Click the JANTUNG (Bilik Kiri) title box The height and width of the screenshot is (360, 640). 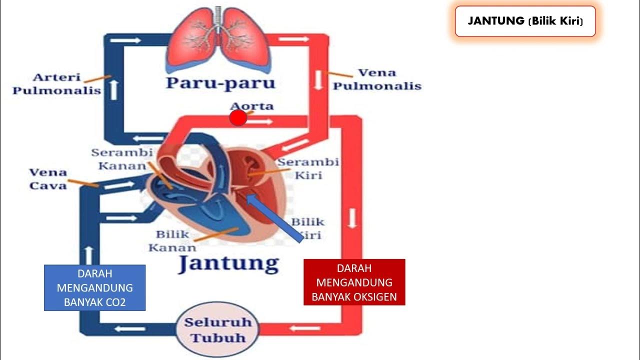tap(525, 21)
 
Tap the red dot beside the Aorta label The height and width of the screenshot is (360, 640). tap(238, 118)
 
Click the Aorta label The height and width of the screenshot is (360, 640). tap(252, 106)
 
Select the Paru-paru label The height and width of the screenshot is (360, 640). tap(220, 82)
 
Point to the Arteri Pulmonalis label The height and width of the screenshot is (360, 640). tap(56, 84)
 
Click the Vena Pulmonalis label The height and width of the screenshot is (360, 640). tap(377, 79)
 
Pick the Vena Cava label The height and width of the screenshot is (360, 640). tap(47, 179)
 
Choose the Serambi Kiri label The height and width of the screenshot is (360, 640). tap(308, 168)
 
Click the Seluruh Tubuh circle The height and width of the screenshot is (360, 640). tap(217, 330)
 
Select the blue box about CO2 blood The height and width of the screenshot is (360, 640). tap(94, 288)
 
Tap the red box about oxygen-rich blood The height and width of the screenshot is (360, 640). tap(354, 282)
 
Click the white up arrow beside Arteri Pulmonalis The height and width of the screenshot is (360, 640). tap(114, 89)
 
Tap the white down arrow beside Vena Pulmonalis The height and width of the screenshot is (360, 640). tap(318, 81)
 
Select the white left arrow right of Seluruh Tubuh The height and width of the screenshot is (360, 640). tap(298, 328)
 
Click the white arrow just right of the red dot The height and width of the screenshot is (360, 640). tap(264, 121)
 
